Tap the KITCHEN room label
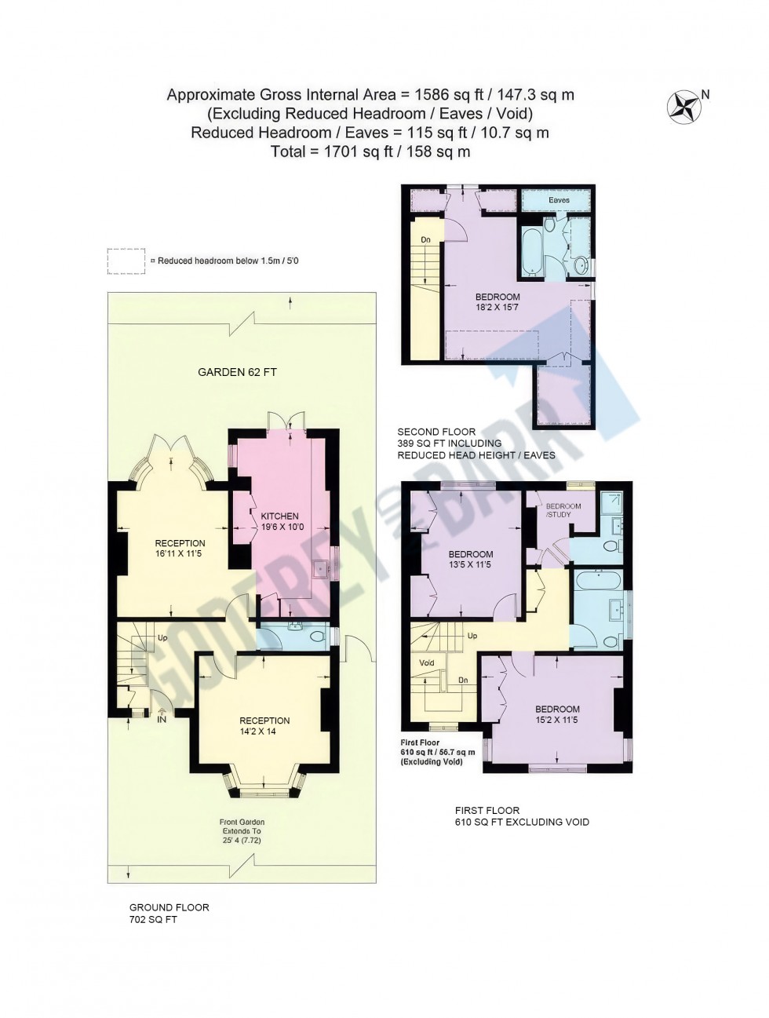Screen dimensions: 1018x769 (280, 521)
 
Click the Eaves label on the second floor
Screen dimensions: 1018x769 (559, 201)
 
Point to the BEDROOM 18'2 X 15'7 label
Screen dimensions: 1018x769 (497, 302)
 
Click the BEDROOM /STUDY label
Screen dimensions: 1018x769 (563, 510)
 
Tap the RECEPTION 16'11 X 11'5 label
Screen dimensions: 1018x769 (180, 549)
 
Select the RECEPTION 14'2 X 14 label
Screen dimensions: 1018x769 (264, 726)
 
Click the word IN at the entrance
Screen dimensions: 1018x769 (162, 719)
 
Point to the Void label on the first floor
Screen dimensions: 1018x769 (427, 663)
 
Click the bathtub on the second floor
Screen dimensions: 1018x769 (530, 251)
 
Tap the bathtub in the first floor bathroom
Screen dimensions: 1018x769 (598, 582)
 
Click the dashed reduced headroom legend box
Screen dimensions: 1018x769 (126, 261)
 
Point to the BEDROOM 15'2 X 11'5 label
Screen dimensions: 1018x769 (557, 714)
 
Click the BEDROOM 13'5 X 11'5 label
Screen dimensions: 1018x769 (471, 559)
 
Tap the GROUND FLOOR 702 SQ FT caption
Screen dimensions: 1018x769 (169, 913)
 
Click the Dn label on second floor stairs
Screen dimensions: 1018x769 (425, 240)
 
